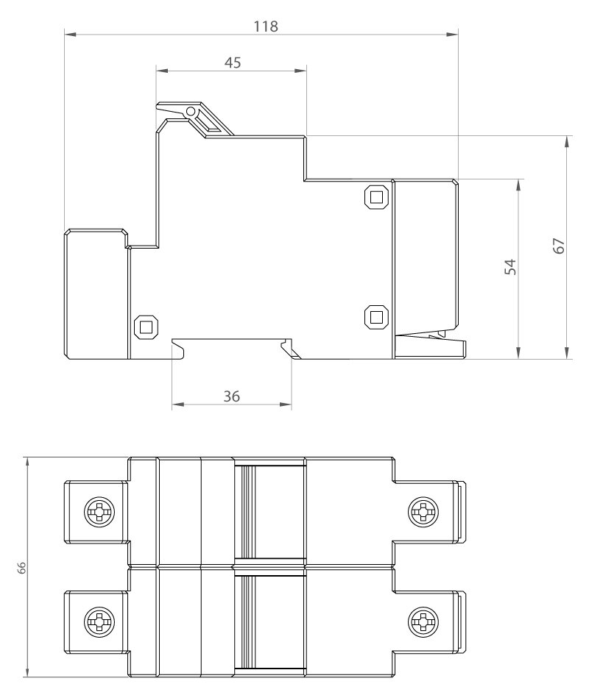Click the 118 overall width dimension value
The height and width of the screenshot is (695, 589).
(266, 26)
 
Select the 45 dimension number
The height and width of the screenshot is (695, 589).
(233, 63)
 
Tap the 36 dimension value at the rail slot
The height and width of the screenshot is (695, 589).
(232, 396)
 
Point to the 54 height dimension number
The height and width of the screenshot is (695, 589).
(511, 267)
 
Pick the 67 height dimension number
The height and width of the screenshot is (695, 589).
(560, 246)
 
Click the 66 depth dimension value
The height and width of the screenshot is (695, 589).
(22, 568)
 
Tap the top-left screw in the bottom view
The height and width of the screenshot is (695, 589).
(99, 512)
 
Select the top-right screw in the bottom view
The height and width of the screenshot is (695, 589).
(423, 512)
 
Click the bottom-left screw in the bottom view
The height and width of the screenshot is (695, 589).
(99, 622)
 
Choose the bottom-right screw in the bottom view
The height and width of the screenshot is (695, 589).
(423, 622)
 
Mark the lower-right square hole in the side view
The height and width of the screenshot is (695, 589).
(376, 317)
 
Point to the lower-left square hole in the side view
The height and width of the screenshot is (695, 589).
(146, 327)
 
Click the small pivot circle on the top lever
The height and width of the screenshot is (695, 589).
(191, 111)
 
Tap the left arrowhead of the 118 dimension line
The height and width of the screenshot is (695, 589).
(70, 34)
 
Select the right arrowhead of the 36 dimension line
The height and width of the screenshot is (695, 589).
(286, 404)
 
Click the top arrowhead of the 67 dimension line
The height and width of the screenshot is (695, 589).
(567, 142)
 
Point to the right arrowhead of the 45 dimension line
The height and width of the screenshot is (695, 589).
(301, 70)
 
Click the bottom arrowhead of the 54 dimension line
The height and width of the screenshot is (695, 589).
(518, 353)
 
